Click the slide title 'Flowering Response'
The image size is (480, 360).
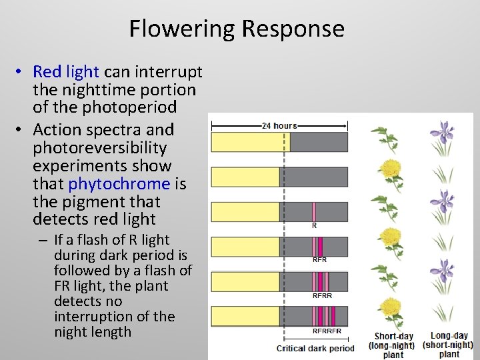(x=237, y=29)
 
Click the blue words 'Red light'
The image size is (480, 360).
(x=66, y=71)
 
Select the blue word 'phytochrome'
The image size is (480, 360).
(x=119, y=183)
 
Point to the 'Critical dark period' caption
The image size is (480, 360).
(x=316, y=348)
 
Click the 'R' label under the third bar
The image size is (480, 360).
(x=315, y=226)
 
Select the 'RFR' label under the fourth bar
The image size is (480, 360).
(x=319, y=260)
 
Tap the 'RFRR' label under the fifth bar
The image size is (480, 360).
(x=322, y=295)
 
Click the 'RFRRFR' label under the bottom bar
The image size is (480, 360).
(x=327, y=331)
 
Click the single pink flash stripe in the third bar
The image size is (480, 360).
(x=314, y=211)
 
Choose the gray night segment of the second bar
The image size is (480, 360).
(x=313, y=177)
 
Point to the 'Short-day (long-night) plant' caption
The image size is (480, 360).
(x=393, y=345)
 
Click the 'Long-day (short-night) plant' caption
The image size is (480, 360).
(x=449, y=345)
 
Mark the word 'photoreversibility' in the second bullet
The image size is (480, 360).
(x=99, y=147)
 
